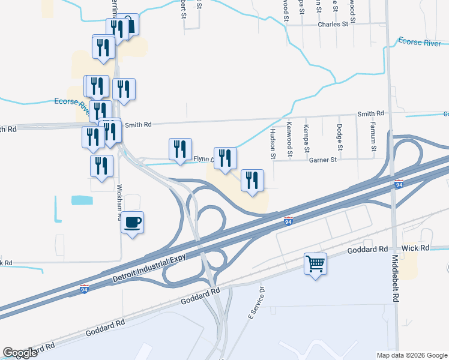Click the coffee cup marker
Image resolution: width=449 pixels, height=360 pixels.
click(x=133, y=223)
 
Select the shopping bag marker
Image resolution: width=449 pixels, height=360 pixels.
click(x=128, y=24)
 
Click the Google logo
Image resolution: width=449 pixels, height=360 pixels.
click(x=20, y=353)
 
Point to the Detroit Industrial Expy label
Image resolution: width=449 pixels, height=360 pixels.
click(x=148, y=267)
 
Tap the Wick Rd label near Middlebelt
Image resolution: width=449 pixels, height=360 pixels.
click(x=416, y=248)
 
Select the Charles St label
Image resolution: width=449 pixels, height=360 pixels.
click(x=333, y=25)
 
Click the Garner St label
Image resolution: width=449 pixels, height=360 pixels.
click(x=324, y=160)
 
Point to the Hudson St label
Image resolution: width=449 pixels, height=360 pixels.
click(x=273, y=143)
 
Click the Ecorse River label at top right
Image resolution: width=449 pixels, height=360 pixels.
click(x=423, y=41)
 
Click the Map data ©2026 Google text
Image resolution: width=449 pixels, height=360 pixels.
click(x=411, y=355)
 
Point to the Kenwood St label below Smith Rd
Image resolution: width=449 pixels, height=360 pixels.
click(x=289, y=139)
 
